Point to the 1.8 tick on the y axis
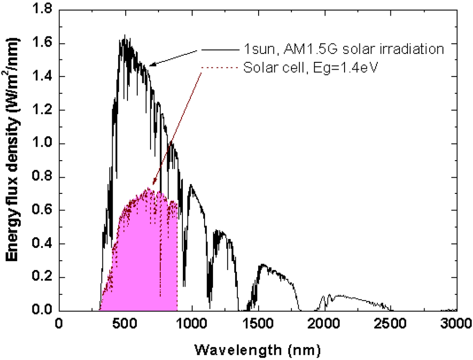coord(40,10)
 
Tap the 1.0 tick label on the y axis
coord(40,144)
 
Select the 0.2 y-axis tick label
coord(40,277)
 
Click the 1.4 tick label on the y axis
coord(40,77)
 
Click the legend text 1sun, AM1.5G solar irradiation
coord(344,49)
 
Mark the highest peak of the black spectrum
coord(124,36)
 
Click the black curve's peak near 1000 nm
coord(190,185)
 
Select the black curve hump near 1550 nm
coord(263,265)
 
